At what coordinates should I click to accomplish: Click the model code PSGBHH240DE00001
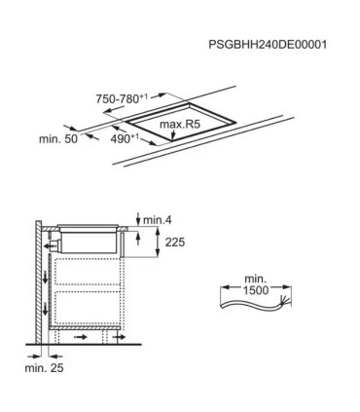[268, 45]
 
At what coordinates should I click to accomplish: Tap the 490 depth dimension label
[125, 138]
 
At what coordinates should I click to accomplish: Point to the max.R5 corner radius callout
[180, 125]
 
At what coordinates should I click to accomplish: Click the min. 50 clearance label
[58, 139]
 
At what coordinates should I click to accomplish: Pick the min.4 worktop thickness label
[158, 220]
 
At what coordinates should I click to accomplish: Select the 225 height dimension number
[175, 243]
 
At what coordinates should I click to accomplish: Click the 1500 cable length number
[256, 290]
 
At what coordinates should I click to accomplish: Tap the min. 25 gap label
[45, 368]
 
